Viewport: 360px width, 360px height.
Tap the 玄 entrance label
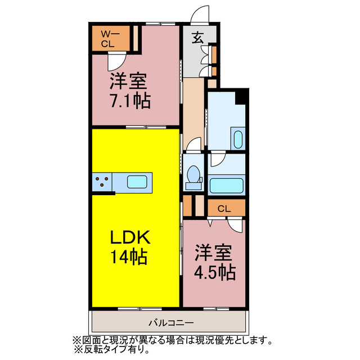(x=198, y=38)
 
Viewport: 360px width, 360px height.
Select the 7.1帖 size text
(x=129, y=101)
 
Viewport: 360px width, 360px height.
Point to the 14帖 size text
(x=129, y=257)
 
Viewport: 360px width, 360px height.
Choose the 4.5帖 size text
(x=214, y=273)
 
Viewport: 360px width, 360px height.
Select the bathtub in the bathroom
(x=226, y=186)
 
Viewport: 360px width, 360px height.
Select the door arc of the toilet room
(x=193, y=145)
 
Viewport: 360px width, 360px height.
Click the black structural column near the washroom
(x=241, y=97)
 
